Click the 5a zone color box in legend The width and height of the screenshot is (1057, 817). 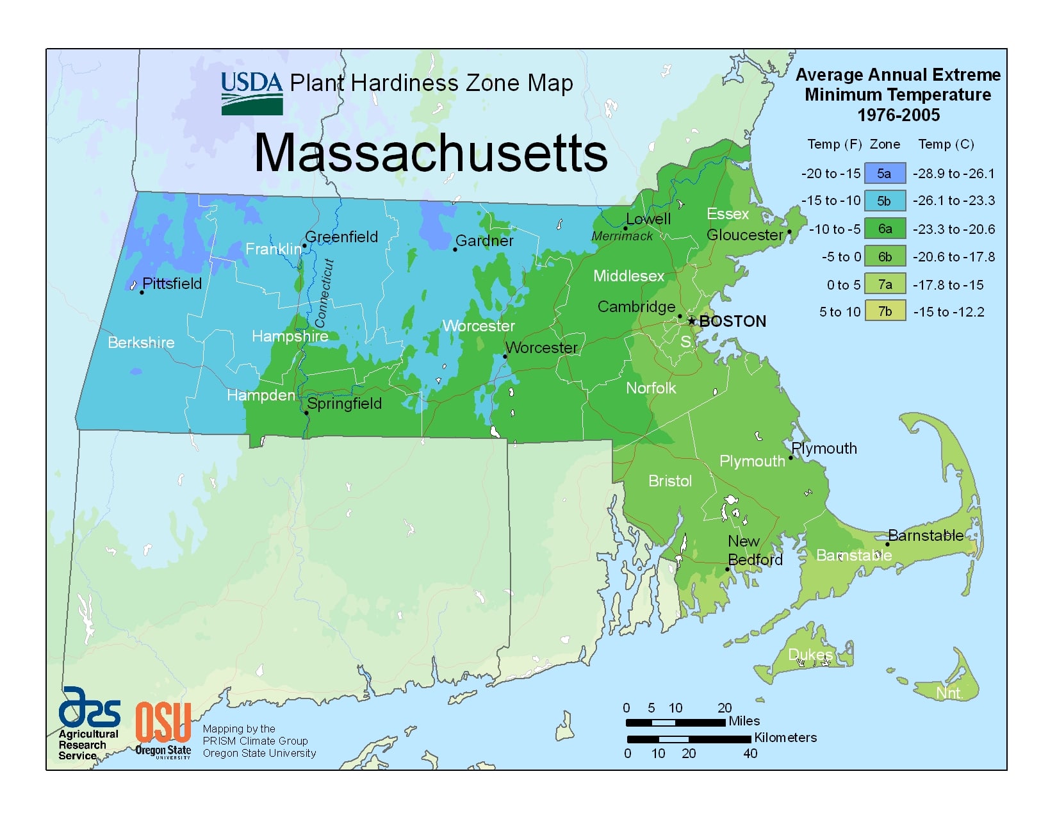point(885,173)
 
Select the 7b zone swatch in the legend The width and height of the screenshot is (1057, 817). point(885,311)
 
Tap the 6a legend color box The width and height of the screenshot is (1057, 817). point(885,228)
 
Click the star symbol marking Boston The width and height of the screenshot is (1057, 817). point(691,321)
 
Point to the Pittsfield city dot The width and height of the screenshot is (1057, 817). point(142,292)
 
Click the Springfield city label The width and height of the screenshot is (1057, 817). point(345,403)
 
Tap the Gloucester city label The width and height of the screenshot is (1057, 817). point(744,235)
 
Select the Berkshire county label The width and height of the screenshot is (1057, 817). point(141,342)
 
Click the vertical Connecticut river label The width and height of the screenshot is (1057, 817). point(324,293)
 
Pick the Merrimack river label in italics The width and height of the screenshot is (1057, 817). point(621,236)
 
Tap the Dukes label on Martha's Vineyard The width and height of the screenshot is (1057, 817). point(810,654)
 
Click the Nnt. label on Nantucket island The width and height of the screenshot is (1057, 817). point(949,693)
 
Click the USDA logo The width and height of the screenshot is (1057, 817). point(252,94)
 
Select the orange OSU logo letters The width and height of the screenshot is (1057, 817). point(163,722)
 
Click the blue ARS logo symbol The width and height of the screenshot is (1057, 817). point(89,707)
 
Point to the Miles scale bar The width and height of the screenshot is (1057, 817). point(675,722)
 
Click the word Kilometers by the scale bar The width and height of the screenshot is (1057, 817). point(785,738)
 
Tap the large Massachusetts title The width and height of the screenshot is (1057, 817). point(430,153)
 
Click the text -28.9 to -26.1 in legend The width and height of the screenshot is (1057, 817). point(953,173)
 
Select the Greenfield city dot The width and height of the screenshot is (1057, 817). point(305,245)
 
